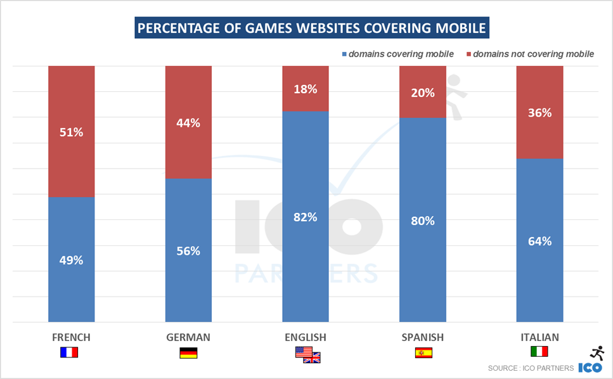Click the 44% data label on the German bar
pyautogui.click(x=188, y=124)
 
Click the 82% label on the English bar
pyautogui.click(x=306, y=217)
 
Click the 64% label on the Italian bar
pyautogui.click(x=539, y=241)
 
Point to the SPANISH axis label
pyautogui.click(x=423, y=337)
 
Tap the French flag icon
pyautogui.click(x=68, y=352)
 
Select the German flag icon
pyautogui.click(x=188, y=353)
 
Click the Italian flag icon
pyautogui.click(x=539, y=351)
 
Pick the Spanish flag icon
pyautogui.click(x=423, y=353)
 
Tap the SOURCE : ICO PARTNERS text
pyautogui.click(x=531, y=368)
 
